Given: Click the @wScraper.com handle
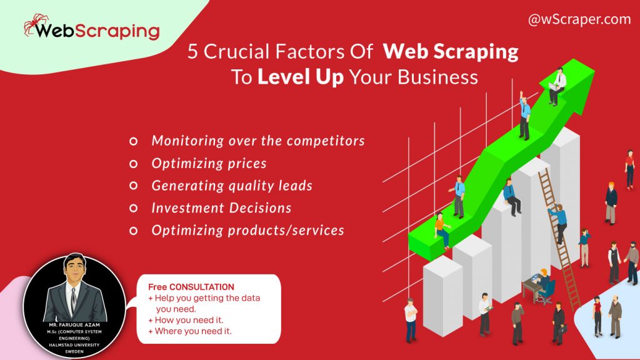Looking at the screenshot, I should pos(579,19).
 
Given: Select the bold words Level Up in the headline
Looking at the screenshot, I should pos(301,77).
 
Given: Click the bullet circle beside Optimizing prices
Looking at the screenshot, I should pos(133,164).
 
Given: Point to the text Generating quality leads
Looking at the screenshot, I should pos(232,186).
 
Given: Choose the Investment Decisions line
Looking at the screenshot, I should pos(221,207).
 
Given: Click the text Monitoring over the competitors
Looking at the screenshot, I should pos(258,141).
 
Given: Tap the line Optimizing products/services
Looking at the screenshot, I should pos(247,230).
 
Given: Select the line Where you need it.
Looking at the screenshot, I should pos(193,331).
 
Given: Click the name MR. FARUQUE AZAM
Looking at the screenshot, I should pos(74,326).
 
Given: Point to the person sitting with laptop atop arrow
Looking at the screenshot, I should pos(557,86).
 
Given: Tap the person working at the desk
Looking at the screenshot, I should pos(541,284).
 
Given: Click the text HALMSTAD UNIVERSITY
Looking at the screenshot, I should pos(74,345).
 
